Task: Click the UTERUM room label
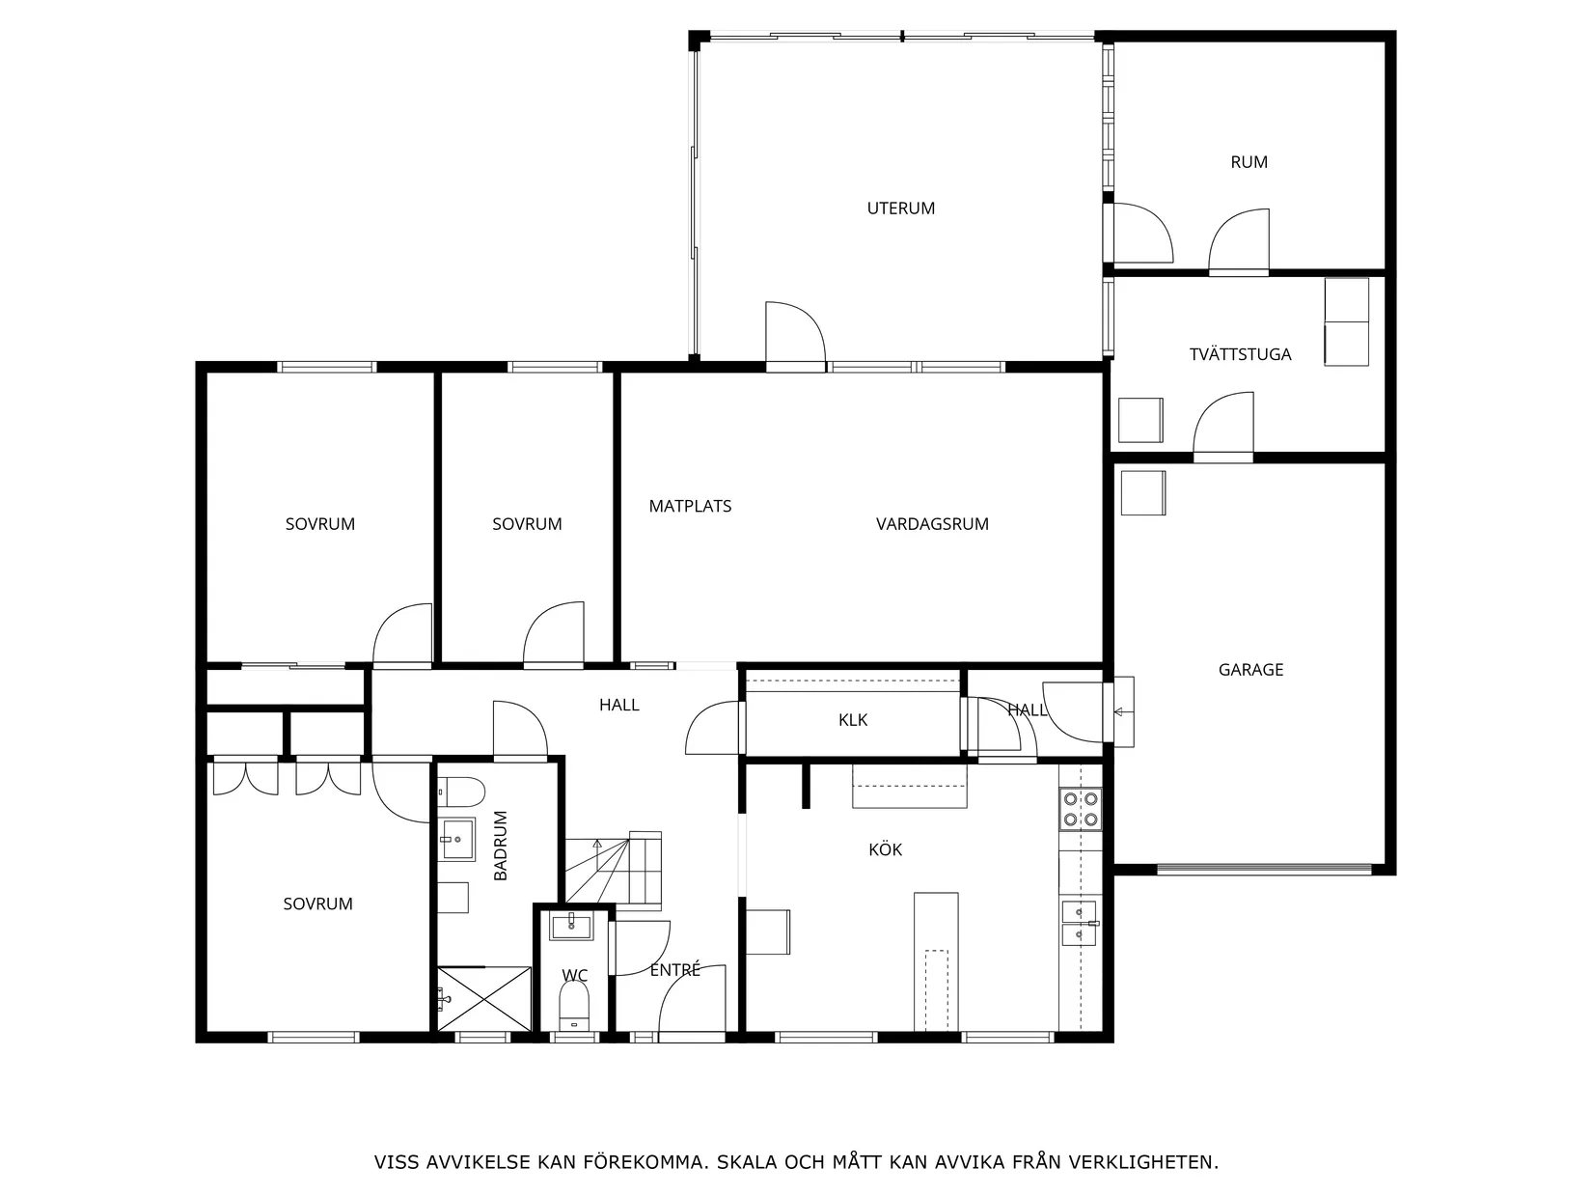pyautogui.click(x=900, y=208)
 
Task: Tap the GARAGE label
pyautogui.click(x=1250, y=670)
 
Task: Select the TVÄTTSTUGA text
pyautogui.click(x=1240, y=354)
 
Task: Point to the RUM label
pyautogui.click(x=1249, y=162)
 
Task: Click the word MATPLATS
pyautogui.click(x=690, y=506)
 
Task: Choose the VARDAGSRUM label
pyautogui.click(x=932, y=524)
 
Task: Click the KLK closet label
pyautogui.click(x=853, y=720)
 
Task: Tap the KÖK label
pyautogui.click(x=885, y=849)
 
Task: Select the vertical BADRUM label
pyautogui.click(x=501, y=846)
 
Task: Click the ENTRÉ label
pyautogui.click(x=674, y=970)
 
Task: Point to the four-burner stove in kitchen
pyautogui.click(x=1081, y=809)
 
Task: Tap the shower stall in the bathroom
pyautogui.click(x=483, y=998)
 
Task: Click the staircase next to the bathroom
pyautogui.click(x=615, y=869)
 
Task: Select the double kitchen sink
pyautogui.click(x=1080, y=923)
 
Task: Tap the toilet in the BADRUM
pyautogui.click(x=461, y=792)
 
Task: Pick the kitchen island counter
pyautogui.click(x=936, y=960)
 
